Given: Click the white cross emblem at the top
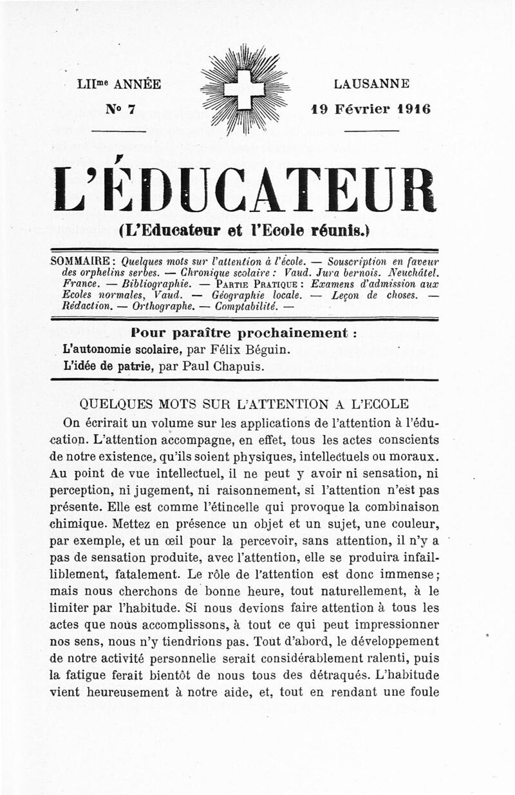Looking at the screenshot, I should [x=244, y=90].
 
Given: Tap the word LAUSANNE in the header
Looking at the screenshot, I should [x=371, y=84].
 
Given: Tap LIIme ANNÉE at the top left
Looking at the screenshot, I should [x=118, y=84].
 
